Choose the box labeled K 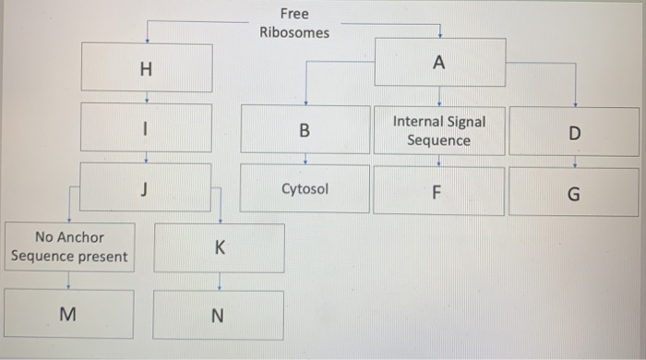click(219, 248)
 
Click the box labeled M click(67, 315)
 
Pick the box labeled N click(218, 316)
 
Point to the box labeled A click(438, 63)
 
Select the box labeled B click(305, 131)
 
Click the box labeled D click(575, 133)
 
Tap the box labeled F click(438, 193)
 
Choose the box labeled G click(574, 195)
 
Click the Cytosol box click(305, 189)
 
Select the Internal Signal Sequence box click(438, 131)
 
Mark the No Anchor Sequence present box click(68, 246)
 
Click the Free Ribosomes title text click(294, 23)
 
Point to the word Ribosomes click(294, 32)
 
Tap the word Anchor click(81, 237)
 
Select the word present click(102, 257)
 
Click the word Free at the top click(294, 14)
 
